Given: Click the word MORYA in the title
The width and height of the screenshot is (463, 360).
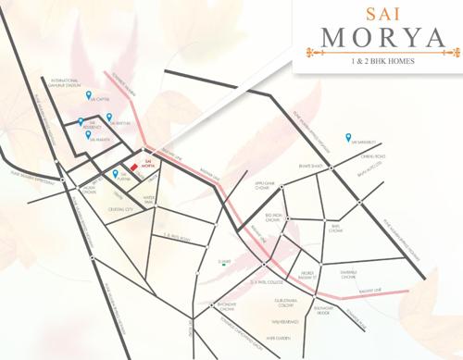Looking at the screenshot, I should (378, 39).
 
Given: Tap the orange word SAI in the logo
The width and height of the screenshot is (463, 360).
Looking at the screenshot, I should (378, 13).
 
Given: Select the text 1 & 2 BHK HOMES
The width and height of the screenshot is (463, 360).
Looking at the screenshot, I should (378, 61).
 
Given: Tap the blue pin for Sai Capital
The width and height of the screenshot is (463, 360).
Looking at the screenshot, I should (89, 94).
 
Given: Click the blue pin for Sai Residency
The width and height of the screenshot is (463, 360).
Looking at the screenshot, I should (81, 120).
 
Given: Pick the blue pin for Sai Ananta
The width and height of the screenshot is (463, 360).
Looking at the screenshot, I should (89, 134).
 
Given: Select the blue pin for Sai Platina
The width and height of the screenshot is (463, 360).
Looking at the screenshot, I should (116, 173).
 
